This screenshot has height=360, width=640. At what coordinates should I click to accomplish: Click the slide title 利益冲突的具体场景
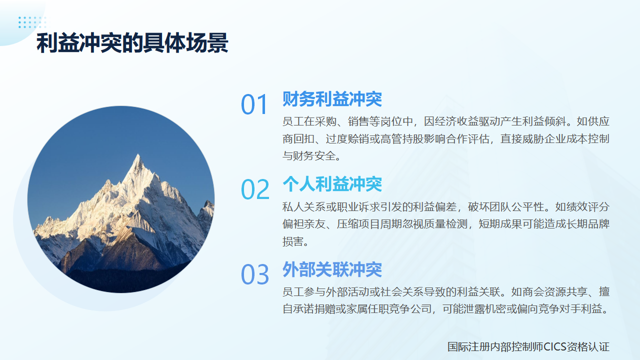pyautogui.click(x=132, y=44)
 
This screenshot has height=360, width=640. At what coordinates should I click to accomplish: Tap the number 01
pyautogui.click(x=255, y=105)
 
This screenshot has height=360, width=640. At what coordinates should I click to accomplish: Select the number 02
pyautogui.click(x=255, y=190)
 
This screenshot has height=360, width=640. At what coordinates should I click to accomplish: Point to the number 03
pyautogui.click(x=255, y=275)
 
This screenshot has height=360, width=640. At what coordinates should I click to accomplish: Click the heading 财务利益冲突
pyautogui.click(x=332, y=99)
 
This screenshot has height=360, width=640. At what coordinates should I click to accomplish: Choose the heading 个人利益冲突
pyautogui.click(x=332, y=184)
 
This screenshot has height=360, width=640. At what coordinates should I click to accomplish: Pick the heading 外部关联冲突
pyautogui.click(x=332, y=269)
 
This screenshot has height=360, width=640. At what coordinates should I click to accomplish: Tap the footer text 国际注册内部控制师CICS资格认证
pyautogui.click(x=528, y=346)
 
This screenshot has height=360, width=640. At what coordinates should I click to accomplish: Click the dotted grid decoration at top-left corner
pyautogui.click(x=31, y=22)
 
